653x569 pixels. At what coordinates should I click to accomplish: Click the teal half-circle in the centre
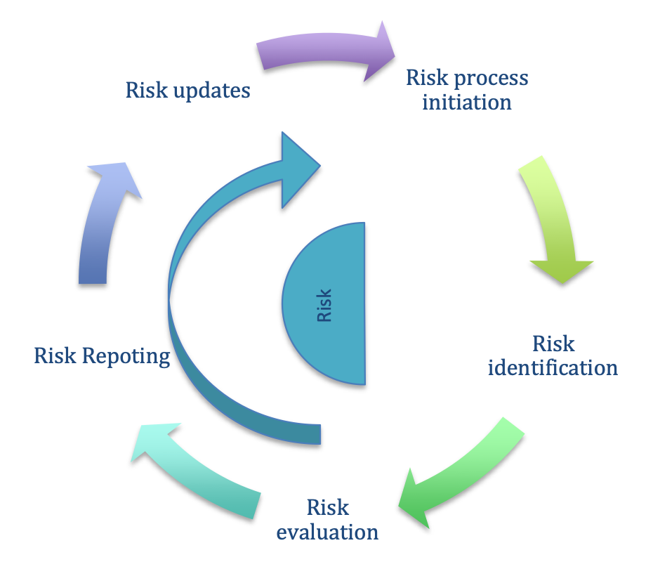pos(329,303)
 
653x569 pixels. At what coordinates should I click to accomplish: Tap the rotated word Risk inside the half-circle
pos(324,306)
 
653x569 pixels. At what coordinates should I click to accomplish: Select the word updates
pos(211,91)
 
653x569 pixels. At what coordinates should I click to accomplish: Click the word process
pos(491,78)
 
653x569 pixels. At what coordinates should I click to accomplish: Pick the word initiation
pos(467,103)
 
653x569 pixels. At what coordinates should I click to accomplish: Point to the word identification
pos(553,368)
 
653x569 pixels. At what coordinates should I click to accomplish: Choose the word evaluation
pos(327,532)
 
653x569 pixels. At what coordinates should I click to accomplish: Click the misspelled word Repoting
pos(126,357)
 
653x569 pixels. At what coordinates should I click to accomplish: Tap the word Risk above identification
pos(553,344)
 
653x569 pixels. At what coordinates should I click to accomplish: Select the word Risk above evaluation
pos(328,507)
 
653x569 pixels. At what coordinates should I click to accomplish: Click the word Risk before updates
pos(147,90)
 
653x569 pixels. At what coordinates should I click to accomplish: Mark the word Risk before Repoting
pos(55,355)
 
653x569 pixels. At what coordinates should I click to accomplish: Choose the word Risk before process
pos(428,77)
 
